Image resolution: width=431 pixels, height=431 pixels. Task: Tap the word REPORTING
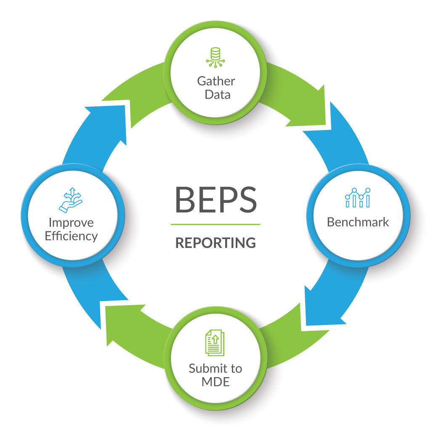(x=215, y=243)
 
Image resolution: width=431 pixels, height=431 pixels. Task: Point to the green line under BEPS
(x=215, y=224)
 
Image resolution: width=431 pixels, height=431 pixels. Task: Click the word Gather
(x=216, y=81)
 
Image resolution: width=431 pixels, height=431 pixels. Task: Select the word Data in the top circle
(x=217, y=95)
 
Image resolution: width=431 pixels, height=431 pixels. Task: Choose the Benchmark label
(x=358, y=222)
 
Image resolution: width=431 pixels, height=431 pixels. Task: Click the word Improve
(x=71, y=222)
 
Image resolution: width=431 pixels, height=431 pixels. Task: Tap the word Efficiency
(x=71, y=236)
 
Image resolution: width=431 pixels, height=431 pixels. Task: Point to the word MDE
(x=215, y=382)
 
